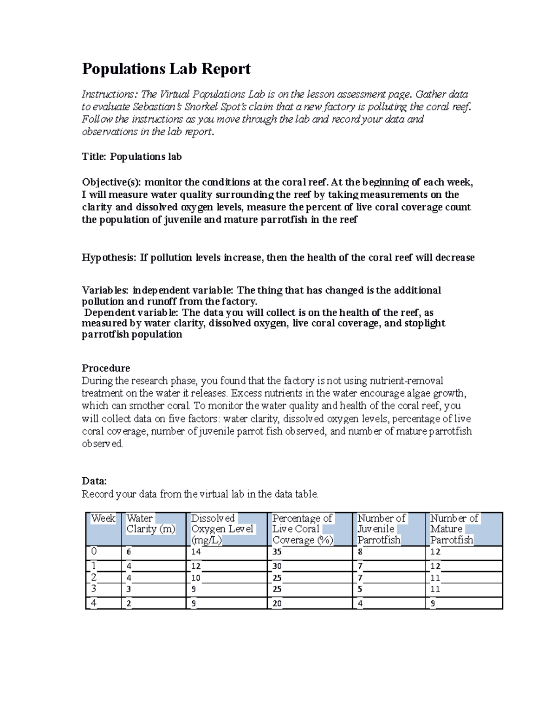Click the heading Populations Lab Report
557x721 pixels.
click(x=166, y=69)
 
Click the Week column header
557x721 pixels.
click(x=103, y=519)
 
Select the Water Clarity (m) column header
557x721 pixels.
click(x=151, y=524)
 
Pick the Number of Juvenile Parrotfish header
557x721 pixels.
click(x=381, y=529)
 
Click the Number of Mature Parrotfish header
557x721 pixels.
click(x=453, y=529)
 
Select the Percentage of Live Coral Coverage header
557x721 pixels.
click(x=302, y=529)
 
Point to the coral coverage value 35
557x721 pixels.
click(x=277, y=552)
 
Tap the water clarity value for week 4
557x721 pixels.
click(x=129, y=604)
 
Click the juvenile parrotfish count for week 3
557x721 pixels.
click(x=360, y=589)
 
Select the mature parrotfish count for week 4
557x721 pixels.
click(x=433, y=604)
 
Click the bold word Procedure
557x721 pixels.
click(x=106, y=368)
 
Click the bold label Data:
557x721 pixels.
click(x=94, y=481)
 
